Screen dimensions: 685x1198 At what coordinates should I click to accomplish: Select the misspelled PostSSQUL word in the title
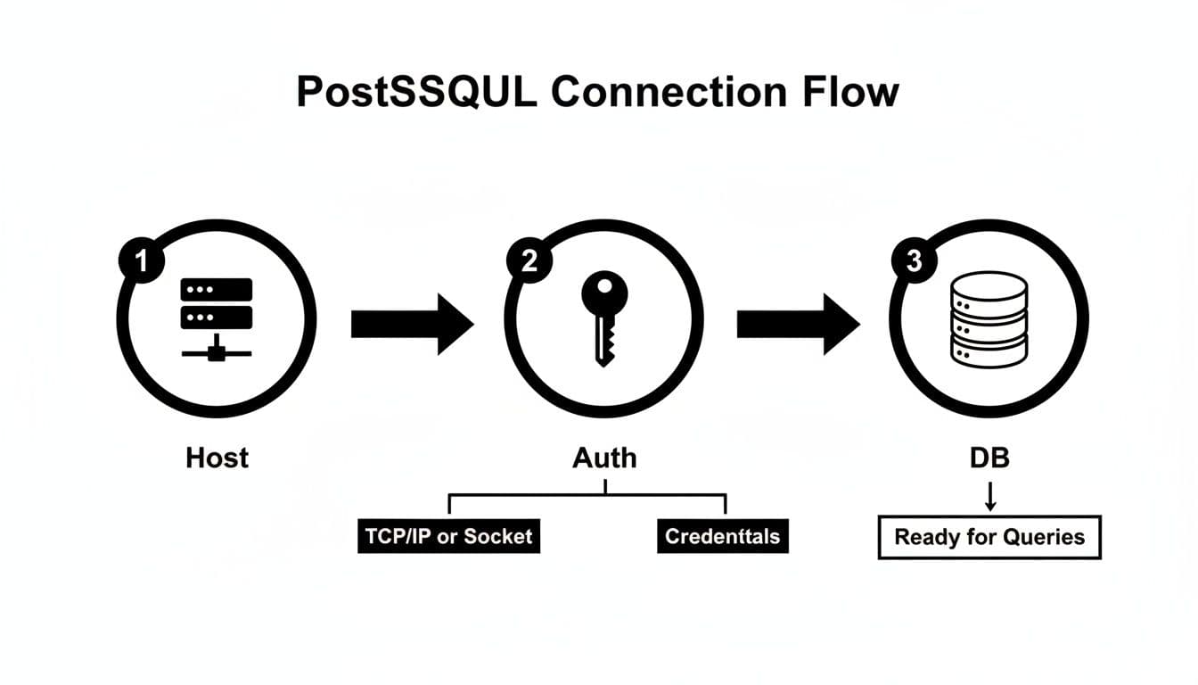pos(417,93)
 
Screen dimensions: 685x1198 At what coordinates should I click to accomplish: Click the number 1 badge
pos(139,261)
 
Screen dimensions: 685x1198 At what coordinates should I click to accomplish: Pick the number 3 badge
pos(914,261)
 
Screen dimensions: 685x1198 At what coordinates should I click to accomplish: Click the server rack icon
pos(217,317)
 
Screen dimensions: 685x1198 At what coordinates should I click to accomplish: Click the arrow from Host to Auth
pos(411,324)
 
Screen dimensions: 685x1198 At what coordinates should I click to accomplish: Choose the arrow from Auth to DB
pos(797,324)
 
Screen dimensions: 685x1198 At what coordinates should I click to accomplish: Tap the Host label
pos(217,458)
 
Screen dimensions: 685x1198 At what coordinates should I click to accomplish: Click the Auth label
pos(604,458)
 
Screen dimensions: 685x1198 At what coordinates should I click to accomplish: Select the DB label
pos(989,458)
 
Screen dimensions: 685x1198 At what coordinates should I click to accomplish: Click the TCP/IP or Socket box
pos(448,536)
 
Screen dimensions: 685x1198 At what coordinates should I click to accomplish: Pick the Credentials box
pos(722,536)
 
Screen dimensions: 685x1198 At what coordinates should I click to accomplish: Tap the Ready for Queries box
pos(989,537)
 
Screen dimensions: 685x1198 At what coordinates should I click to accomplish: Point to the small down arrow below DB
pos(989,498)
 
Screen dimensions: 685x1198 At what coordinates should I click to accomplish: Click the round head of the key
pos(604,291)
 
